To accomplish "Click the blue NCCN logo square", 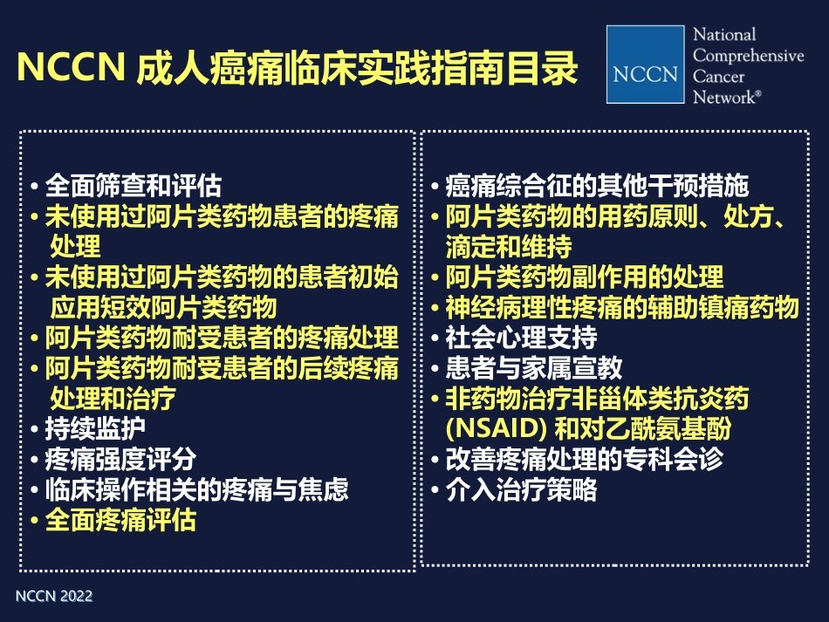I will [646, 65].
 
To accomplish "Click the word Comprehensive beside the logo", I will [748, 55].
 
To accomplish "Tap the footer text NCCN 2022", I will [54, 597].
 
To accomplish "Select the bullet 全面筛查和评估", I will [133, 186].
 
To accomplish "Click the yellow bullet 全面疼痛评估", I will [120, 520].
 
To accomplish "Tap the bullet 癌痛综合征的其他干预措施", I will [597, 186].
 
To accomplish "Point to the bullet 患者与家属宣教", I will [534, 368].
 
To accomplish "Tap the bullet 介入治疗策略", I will [522, 489].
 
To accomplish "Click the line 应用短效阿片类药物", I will [163, 307].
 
